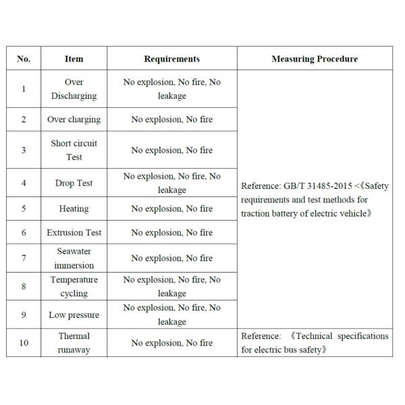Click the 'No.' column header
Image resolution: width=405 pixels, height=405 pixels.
(24, 59)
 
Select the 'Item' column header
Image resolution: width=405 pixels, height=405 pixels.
(74, 59)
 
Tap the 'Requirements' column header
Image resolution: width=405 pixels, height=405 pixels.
(171, 59)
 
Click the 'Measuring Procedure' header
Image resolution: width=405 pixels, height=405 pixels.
(315, 59)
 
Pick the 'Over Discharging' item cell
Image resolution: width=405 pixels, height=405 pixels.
(74, 89)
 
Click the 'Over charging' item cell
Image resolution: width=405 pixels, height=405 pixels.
(74, 119)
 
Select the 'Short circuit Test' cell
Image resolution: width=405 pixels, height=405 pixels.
(74, 150)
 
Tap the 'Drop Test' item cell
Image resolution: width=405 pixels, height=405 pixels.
(74, 183)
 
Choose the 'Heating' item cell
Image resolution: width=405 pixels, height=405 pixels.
(74, 209)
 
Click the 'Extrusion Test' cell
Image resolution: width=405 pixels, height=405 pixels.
(74, 232)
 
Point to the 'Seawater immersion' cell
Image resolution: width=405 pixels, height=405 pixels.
(74, 259)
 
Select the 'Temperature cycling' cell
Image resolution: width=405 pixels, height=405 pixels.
(74, 286)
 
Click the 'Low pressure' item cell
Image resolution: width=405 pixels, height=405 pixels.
(74, 315)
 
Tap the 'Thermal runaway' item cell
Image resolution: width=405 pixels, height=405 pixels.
(74, 343)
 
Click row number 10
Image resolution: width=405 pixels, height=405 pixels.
(24, 343)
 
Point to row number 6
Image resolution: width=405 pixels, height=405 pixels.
(24, 232)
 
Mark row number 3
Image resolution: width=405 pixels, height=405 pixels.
(24, 150)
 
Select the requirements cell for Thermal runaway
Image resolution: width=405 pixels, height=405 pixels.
(171, 343)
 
